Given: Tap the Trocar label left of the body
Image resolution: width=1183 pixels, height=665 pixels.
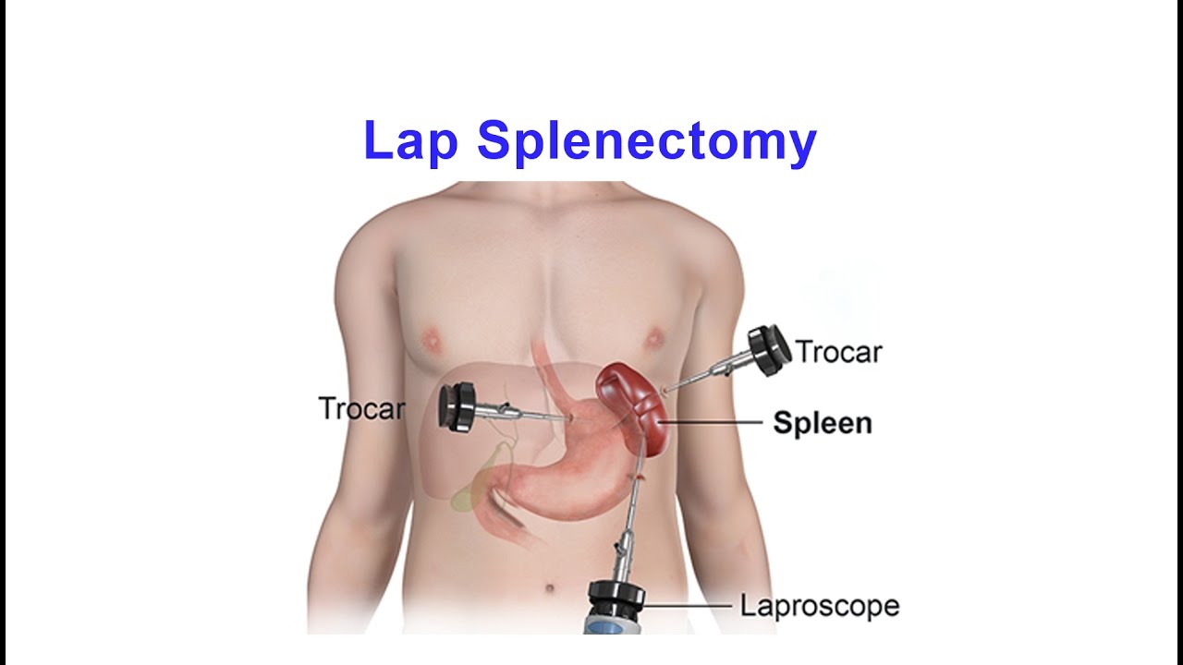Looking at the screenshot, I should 361,408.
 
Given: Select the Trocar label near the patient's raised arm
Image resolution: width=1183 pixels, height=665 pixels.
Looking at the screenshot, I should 838,352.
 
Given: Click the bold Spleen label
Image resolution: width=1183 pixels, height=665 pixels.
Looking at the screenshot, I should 822,423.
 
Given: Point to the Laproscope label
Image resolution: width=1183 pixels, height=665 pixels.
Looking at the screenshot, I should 819,607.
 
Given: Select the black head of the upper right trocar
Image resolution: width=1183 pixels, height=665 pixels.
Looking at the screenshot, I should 769,351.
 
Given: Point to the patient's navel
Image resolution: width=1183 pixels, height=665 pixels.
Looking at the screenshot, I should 551,587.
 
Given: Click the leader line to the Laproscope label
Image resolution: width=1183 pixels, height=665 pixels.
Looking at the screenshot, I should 689,607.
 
